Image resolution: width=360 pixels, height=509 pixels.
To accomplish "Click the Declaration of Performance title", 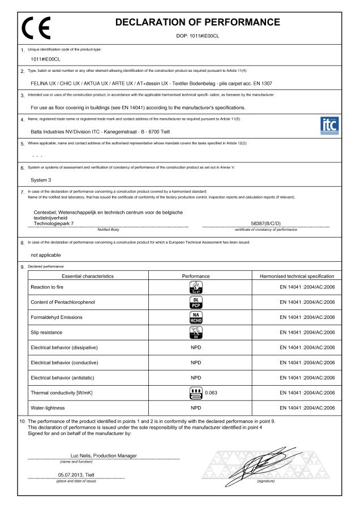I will pyautogui.click(x=198, y=23).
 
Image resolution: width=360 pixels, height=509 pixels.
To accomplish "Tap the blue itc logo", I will pyautogui.click(x=329, y=124).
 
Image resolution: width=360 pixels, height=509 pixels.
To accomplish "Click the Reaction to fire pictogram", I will pyautogui.click(x=196, y=287).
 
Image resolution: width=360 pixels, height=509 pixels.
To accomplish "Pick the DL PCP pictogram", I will pyautogui.click(x=196, y=302).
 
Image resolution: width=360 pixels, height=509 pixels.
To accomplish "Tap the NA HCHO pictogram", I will pyautogui.click(x=196, y=317).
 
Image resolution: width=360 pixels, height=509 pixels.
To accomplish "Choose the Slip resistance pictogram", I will pyautogui.click(x=196, y=332).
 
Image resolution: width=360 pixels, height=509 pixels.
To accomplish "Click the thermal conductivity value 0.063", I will pyautogui.click(x=211, y=392).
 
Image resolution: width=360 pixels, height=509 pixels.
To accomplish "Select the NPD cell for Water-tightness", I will pyautogui.click(x=196, y=407).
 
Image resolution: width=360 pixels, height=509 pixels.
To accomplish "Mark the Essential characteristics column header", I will pyautogui.click(x=88, y=276).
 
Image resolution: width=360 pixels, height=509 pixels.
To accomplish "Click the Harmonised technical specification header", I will pyautogui.click(x=297, y=276).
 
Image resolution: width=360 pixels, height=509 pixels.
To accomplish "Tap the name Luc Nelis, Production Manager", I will pyautogui.click(x=104, y=455).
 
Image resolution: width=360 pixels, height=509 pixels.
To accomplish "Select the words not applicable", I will pyautogui.click(x=46, y=255).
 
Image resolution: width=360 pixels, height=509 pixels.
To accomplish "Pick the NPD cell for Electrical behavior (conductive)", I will pyautogui.click(x=196, y=362).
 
